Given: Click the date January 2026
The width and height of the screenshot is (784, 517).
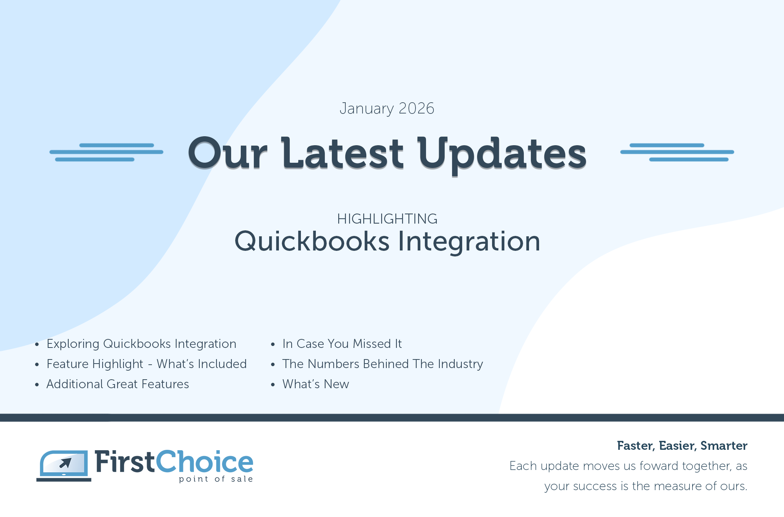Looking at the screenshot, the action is coord(387,109).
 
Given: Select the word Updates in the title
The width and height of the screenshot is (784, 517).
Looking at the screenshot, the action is coord(502,154).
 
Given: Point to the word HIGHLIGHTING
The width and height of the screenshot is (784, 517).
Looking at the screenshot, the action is coord(387,219).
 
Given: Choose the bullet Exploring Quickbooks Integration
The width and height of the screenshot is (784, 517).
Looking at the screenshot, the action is coord(141,344).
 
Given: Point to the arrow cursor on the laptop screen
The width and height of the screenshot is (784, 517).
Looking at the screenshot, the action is coord(66,463).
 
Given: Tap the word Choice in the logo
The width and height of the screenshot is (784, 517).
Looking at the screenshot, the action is coord(205,462).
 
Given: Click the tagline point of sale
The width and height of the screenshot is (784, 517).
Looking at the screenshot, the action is coord(216,479).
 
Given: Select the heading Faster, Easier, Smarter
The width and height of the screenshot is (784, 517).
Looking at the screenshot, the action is coord(682,446).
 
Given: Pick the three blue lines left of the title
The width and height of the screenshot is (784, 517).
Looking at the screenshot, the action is coord(106,152).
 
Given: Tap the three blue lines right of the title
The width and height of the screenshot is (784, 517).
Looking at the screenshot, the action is coord(677,152).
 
